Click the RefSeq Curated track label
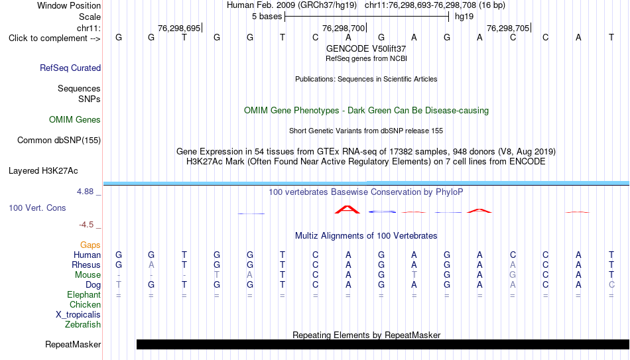[70, 68]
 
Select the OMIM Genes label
[75, 120]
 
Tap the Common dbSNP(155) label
[59, 141]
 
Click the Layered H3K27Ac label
[43, 171]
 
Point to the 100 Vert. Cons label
[37, 208]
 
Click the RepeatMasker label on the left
[73, 344]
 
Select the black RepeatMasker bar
[383, 344]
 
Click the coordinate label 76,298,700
[344, 28]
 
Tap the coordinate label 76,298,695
[179, 28]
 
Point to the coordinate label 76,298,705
[508, 28]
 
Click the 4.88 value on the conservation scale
[85, 192]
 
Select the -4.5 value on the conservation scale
[86, 225]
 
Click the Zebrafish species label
[83, 324]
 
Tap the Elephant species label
[84, 294]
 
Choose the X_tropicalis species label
[78, 315]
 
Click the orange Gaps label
[90, 245]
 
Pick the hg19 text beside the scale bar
[464, 17]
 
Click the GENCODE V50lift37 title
[366, 48]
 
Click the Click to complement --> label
[54, 38]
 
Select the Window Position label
[69, 5]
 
